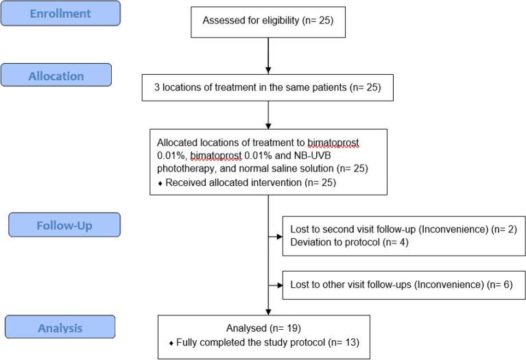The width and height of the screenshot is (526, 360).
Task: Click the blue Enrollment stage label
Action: click(60, 13)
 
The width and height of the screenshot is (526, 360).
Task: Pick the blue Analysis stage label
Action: click(60, 328)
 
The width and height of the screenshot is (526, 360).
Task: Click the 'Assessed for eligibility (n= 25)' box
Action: click(268, 21)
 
